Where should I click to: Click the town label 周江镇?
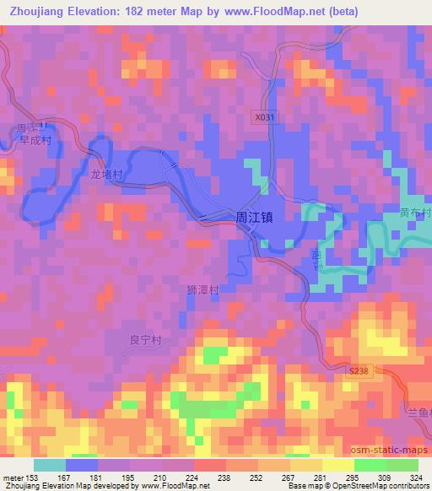point(254,217)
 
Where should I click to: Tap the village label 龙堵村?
point(107,175)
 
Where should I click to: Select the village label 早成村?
point(35,142)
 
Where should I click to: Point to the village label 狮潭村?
point(202,289)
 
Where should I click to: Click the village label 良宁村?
point(144,340)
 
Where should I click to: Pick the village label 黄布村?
point(415,213)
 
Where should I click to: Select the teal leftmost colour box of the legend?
point(50,465)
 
